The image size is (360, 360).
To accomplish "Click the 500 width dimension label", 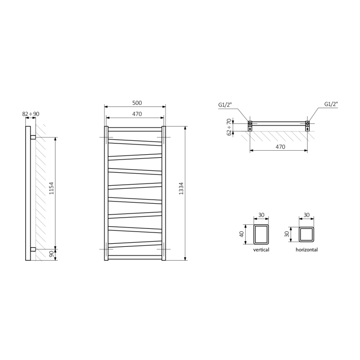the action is click(x=137, y=103).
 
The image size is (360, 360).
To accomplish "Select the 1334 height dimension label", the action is click(x=181, y=189).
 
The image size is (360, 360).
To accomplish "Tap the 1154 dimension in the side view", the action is click(x=51, y=188).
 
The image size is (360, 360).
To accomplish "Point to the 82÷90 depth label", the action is click(x=31, y=114).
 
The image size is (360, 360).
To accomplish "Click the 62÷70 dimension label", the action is click(x=229, y=127).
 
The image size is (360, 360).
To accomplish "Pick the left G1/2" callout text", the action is click(x=225, y=105).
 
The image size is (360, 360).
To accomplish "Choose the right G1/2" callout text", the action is click(x=331, y=104).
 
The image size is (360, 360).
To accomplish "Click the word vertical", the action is click(x=261, y=249).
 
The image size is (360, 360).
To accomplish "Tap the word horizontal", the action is click(x=307, y=249).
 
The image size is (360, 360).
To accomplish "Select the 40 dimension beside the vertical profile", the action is click(x=241, y=235).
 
